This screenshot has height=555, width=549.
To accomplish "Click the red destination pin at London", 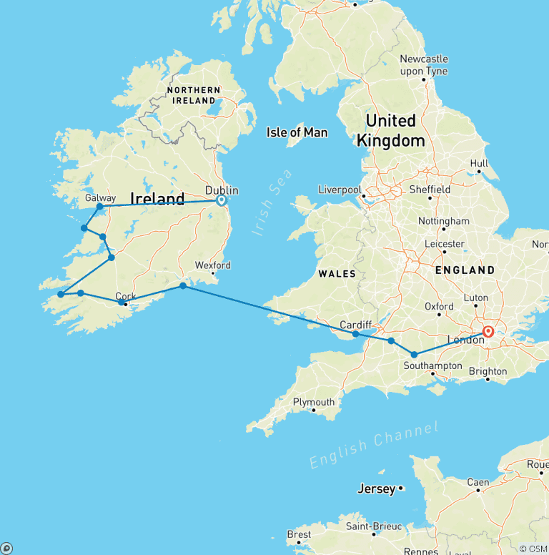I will (x=488, y=332).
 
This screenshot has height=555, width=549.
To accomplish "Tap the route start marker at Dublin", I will (x=221, y=201).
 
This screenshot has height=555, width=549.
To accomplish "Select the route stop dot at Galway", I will (x=100, y=207).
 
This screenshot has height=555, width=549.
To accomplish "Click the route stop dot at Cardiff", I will (x=355, y=333).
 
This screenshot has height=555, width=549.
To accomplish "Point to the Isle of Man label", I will (x=297, y=132).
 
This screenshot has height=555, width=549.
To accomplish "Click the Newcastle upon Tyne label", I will (x=424, y=65).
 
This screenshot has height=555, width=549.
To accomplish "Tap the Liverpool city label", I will (x=340, y=190).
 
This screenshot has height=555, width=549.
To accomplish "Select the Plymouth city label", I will (x=313, y=402).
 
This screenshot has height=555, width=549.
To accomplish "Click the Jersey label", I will (x=376, y=489).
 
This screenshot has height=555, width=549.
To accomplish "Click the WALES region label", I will (x=337, y=273).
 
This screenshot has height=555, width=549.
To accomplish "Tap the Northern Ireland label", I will (x=193, y=95).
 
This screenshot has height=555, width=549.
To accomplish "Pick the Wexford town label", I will (x=213, y=265).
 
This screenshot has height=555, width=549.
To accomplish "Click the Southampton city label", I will (x=432, y=365).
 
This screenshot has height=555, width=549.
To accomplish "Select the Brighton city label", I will (x=488, y=371).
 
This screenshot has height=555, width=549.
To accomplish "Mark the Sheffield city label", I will (x=429, y=190).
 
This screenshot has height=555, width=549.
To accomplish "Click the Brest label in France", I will (x=299, y=534).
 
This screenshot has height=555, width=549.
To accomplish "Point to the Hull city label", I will (x=479, y=164).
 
